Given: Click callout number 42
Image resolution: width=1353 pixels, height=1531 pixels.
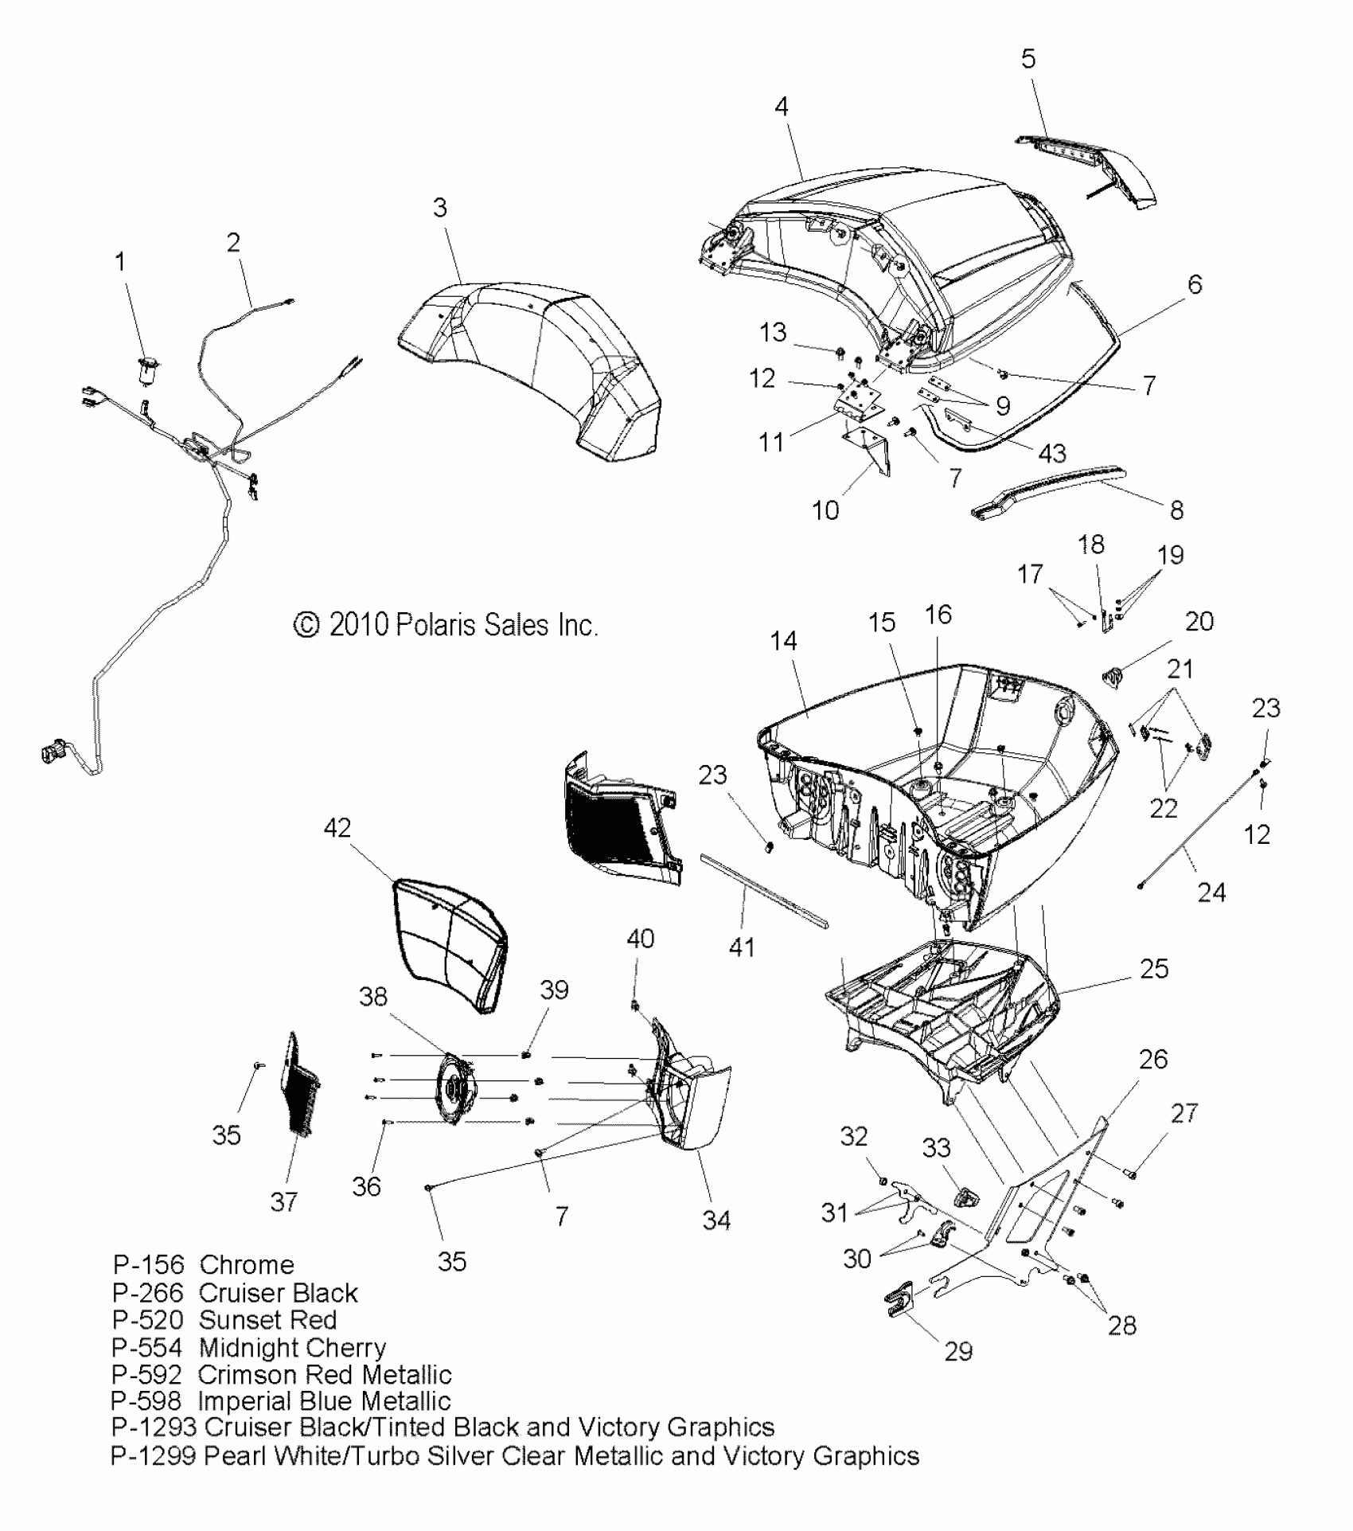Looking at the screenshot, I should click(x=337, y=828).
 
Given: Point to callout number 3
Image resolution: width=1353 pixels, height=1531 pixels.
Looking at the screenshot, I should click(x=440, y=208).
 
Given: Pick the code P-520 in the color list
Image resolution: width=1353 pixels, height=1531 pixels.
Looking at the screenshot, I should click(x=147, y=1319).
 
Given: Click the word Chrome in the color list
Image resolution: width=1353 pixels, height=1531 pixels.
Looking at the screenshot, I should click(x=247, y=1264).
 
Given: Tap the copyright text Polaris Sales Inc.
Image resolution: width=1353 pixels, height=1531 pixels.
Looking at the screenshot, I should click(x=446, y=625).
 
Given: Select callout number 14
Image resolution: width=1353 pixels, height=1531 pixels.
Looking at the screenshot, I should click(x=784, y=641).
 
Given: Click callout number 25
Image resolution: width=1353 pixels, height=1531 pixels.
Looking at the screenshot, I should click(x=1154, y=968).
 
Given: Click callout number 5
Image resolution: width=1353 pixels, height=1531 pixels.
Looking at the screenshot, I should click(x=1028, y=58).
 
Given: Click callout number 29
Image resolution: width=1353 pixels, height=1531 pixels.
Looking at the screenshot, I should click(x=958, y=1350).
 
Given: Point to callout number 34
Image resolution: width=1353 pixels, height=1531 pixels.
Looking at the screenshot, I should click(x=716, y=1220).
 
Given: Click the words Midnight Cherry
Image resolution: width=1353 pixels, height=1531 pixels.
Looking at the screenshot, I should click(x=292, y=1347).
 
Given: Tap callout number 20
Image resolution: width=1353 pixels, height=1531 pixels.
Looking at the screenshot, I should click(x=1199, y=621).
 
